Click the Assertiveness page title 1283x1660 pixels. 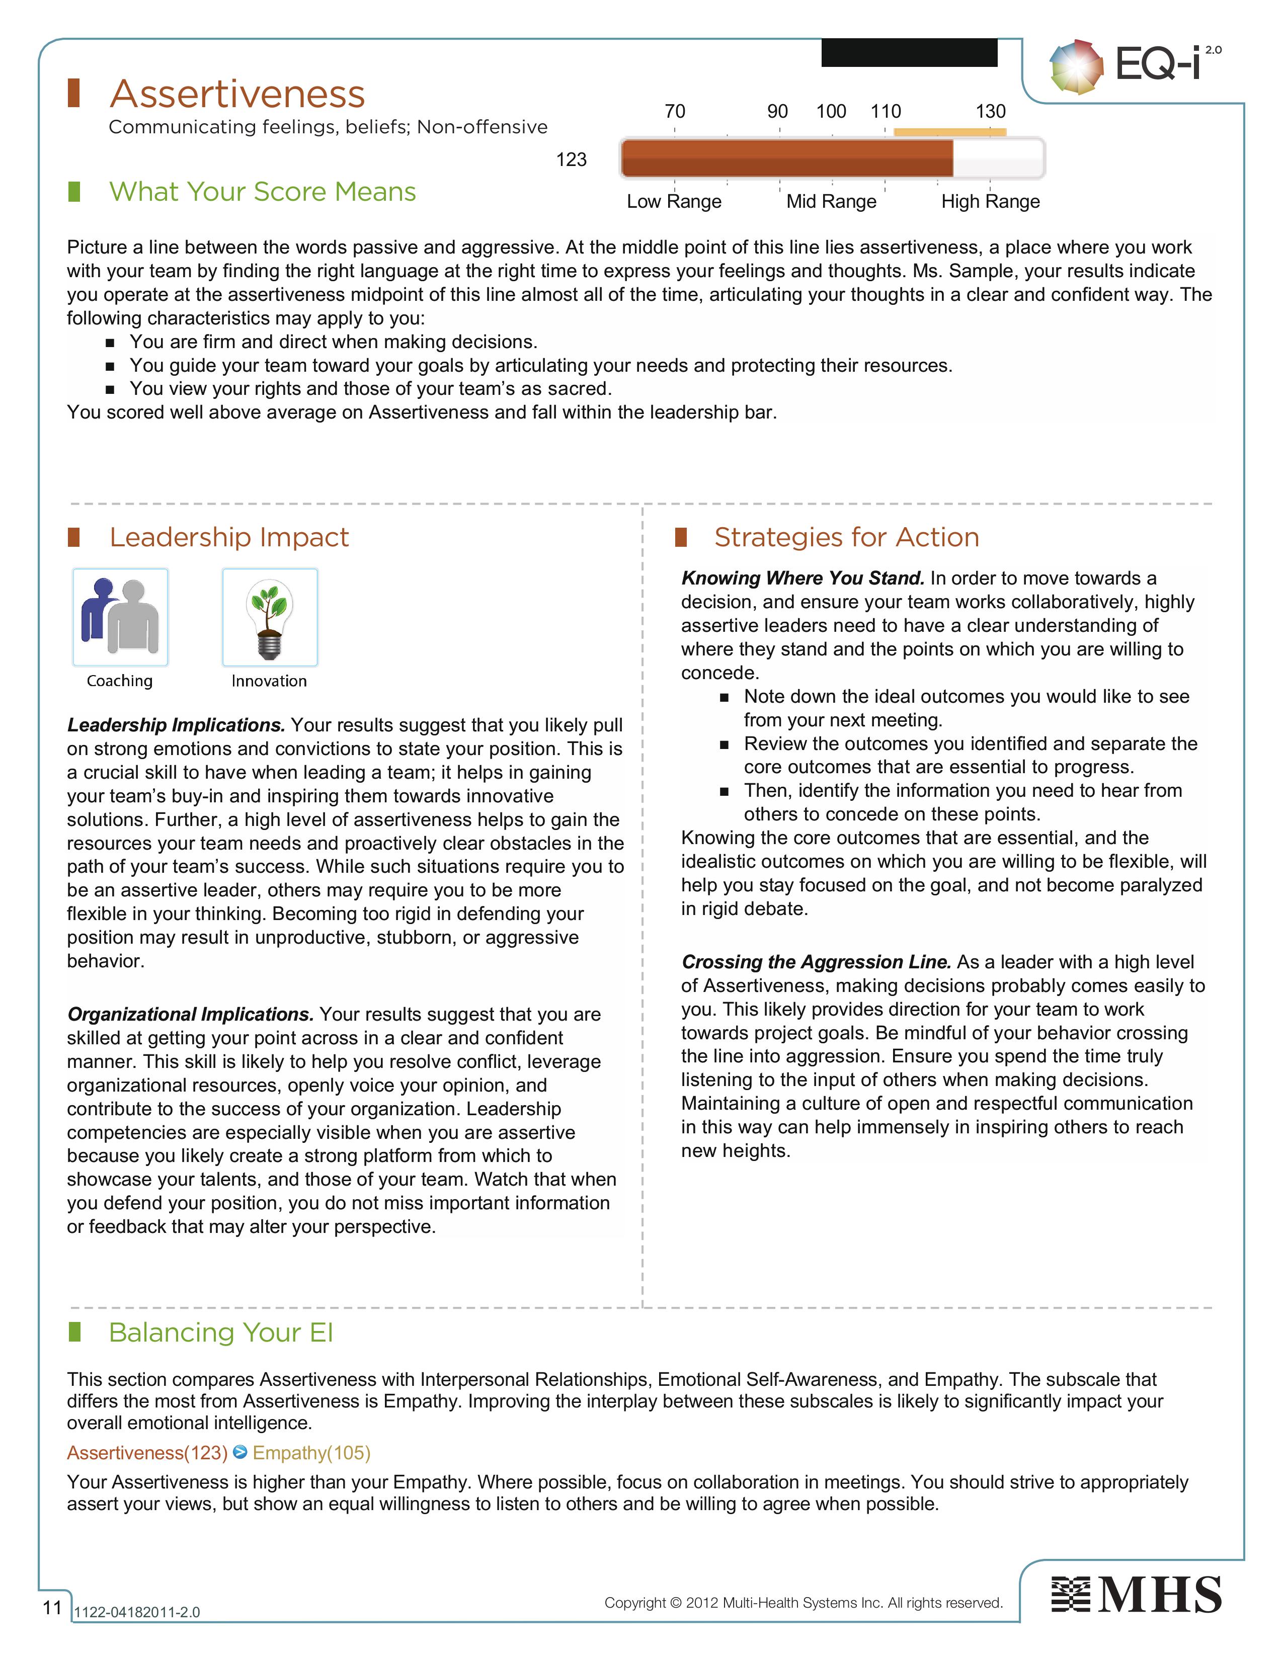tap(237, 94)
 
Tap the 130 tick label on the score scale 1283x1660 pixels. tap(990, 112)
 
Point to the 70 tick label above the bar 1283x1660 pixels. tap(675, 112)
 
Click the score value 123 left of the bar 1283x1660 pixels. tap(571, 159)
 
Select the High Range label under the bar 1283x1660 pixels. tap(990, 201)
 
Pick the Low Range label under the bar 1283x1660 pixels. tap(674, 201)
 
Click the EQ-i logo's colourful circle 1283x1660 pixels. tap(1076, 67)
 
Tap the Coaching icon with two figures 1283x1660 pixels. tap(120, 617)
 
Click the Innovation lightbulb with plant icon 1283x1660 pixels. tap(270, 617)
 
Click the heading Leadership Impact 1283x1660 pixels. tap(229, 537)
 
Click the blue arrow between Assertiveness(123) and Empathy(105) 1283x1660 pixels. tap(240, 1452)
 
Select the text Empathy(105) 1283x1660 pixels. tap(311, 1453)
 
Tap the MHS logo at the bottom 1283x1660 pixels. tap(1136, 1595)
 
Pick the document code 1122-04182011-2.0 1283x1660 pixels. tap(137, 1612)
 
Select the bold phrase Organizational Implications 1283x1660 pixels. tap(190, 1014)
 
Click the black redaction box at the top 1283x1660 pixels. tap(909, 52)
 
